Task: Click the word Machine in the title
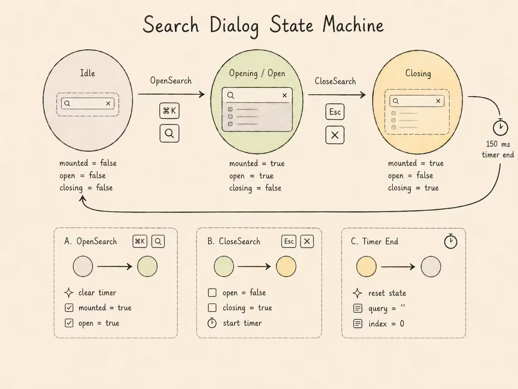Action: click(x=353, y=25)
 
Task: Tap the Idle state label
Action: click(x=88, y=73)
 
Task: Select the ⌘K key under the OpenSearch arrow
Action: click(x=170, y=111)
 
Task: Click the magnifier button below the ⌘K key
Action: click(x=170, y=134)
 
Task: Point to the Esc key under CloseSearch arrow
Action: click(x=335, y=112)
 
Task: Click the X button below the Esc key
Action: click(x=335, y=135)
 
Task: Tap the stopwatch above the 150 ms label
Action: click(x=500, y=127)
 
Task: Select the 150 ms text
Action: click(x=498, y=144)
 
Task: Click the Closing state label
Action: click(x=418, y=73)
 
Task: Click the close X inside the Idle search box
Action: click(x=108, y=104)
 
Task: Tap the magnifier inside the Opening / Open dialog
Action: click(x=231, y=95)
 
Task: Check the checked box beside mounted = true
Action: click(x=69, y=308)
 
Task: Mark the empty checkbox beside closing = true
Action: click(x=212, y=308)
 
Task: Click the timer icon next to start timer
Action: click(x=212, y=323)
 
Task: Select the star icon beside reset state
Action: click(x=357, y=293)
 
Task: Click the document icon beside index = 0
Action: click(x=358, y=323)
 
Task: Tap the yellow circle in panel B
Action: click(x=286, y=266)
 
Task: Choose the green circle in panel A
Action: click(x=147, y=266)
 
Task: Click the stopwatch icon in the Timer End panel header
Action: click(x=450, y=241)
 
